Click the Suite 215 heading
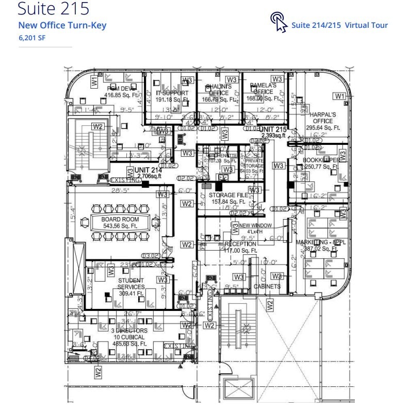click(54, 9)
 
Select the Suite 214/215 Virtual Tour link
click(339, 25)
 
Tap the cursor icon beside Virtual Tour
click(279, 22)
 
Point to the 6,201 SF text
click(32, 37)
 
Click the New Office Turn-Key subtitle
click(62, 25)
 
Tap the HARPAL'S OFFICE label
click(323, 117)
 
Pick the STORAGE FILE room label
click(229, 195)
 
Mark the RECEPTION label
click(240, 244)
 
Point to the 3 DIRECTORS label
click(129, 331)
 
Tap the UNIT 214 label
click(148, 170)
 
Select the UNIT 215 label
click(273, 129)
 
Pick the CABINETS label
click(267, 287)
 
